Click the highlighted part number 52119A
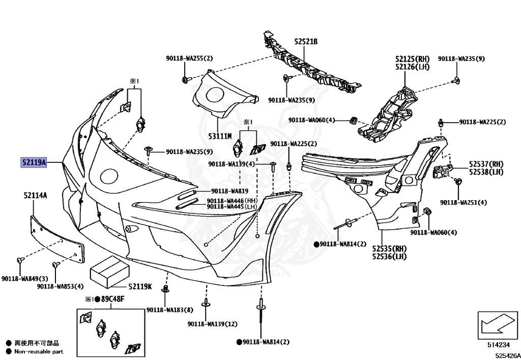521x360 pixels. point(34,163)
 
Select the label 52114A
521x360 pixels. point(35,195)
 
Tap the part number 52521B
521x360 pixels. point(305,42)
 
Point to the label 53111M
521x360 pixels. point(220,136)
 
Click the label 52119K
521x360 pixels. point(140,287)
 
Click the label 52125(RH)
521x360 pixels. point(413,59)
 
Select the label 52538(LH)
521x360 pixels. point(486,172)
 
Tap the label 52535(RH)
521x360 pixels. point(389,248)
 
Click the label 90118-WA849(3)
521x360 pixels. point(24,279)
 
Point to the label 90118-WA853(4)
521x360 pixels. point(60,286)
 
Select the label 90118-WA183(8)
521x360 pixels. point(169,310)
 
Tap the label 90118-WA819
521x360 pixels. point(229,191)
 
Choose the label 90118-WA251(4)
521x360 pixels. point(463,202)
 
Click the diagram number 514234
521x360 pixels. point(498,345)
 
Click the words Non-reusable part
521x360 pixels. point(39,351)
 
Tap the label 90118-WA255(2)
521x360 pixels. point(189,59)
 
